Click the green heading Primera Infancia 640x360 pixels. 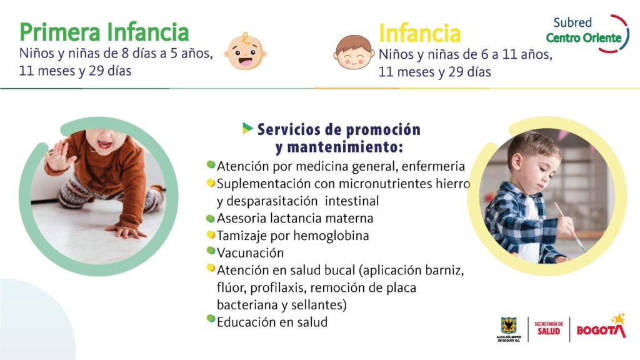(x=104, y=32)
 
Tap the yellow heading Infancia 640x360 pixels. (x=419, y=33)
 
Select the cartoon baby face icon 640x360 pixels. (x=245, y=51)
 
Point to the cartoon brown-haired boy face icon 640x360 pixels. (x=354, y=52)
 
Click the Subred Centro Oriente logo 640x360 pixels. (x=587, y=34)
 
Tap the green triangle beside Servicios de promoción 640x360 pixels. (x=247, y=128)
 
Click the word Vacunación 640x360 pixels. (x=250, y=253)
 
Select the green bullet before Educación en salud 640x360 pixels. (x=211, y=318)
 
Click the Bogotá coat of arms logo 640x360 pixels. (x=509, y=329)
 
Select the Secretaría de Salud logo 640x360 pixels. (x=549, y=328)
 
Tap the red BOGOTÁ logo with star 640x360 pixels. (x=601, y=326)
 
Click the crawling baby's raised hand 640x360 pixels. (x=57, y=156)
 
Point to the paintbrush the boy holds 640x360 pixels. (x=569, y=226)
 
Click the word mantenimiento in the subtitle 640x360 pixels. (x=339, y=147)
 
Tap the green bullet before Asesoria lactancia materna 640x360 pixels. (x=211, y=218)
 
